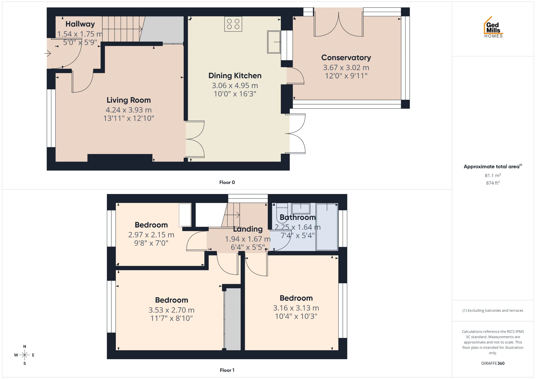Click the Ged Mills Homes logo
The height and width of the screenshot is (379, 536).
pyautogui.click(x=493, y=27)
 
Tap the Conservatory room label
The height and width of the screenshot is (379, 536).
pyautogui.click(x=346, y=57)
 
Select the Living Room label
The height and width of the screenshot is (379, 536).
pyautogui.click(x=129, y=100)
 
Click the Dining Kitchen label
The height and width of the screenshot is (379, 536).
pyautogui.click(x=235, y=76)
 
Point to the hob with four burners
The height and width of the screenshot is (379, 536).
pyautogui.click(x=233, y=24)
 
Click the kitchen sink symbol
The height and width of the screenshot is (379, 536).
pyautogui.click(x=274, y=42)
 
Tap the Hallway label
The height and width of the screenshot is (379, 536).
pyautogui.click(x=80, y=24)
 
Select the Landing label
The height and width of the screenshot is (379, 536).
pyautogui.click(x=248, y=229)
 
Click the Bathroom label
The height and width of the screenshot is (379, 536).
pyautogui.click(x=298, y=217)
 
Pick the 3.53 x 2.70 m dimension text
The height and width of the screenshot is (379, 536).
pyautogui.click(x=171, y=310)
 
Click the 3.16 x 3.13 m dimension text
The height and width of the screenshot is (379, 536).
pyautogui.click(x=296, y=308)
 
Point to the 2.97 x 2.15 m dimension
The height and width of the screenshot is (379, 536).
pyautogui.click(x=151, y=235)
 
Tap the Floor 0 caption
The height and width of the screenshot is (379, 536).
pyautogui.click(x=227, y=182)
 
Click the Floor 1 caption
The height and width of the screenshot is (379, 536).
pyautogui.click(x=227, y=370)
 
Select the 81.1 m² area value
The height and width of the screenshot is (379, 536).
pyautogui.click(x=493, y=175)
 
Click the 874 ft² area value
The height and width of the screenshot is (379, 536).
pyautogui.click(x=493, y=183)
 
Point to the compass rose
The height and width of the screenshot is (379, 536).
pyautogui.click(x=25, y=355)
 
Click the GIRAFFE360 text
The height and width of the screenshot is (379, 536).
pyautogui.click(x=493, y=363)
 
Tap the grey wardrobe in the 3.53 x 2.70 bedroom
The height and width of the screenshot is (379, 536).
pyautogui.click(x=233, y=319)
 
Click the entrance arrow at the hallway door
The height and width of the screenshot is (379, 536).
pyautogui.click(x=47, y=53)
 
